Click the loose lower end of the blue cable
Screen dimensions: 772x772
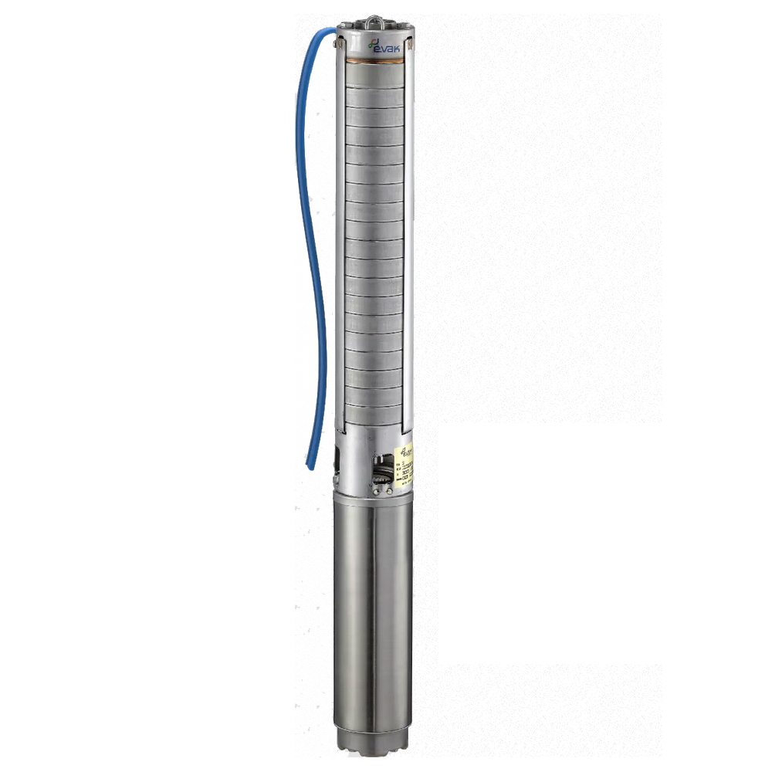pos(310,463)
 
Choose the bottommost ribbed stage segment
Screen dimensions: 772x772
pos(374,414)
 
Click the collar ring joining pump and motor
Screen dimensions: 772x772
pos(374,498)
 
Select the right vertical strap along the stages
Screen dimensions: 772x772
pos(409,232)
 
